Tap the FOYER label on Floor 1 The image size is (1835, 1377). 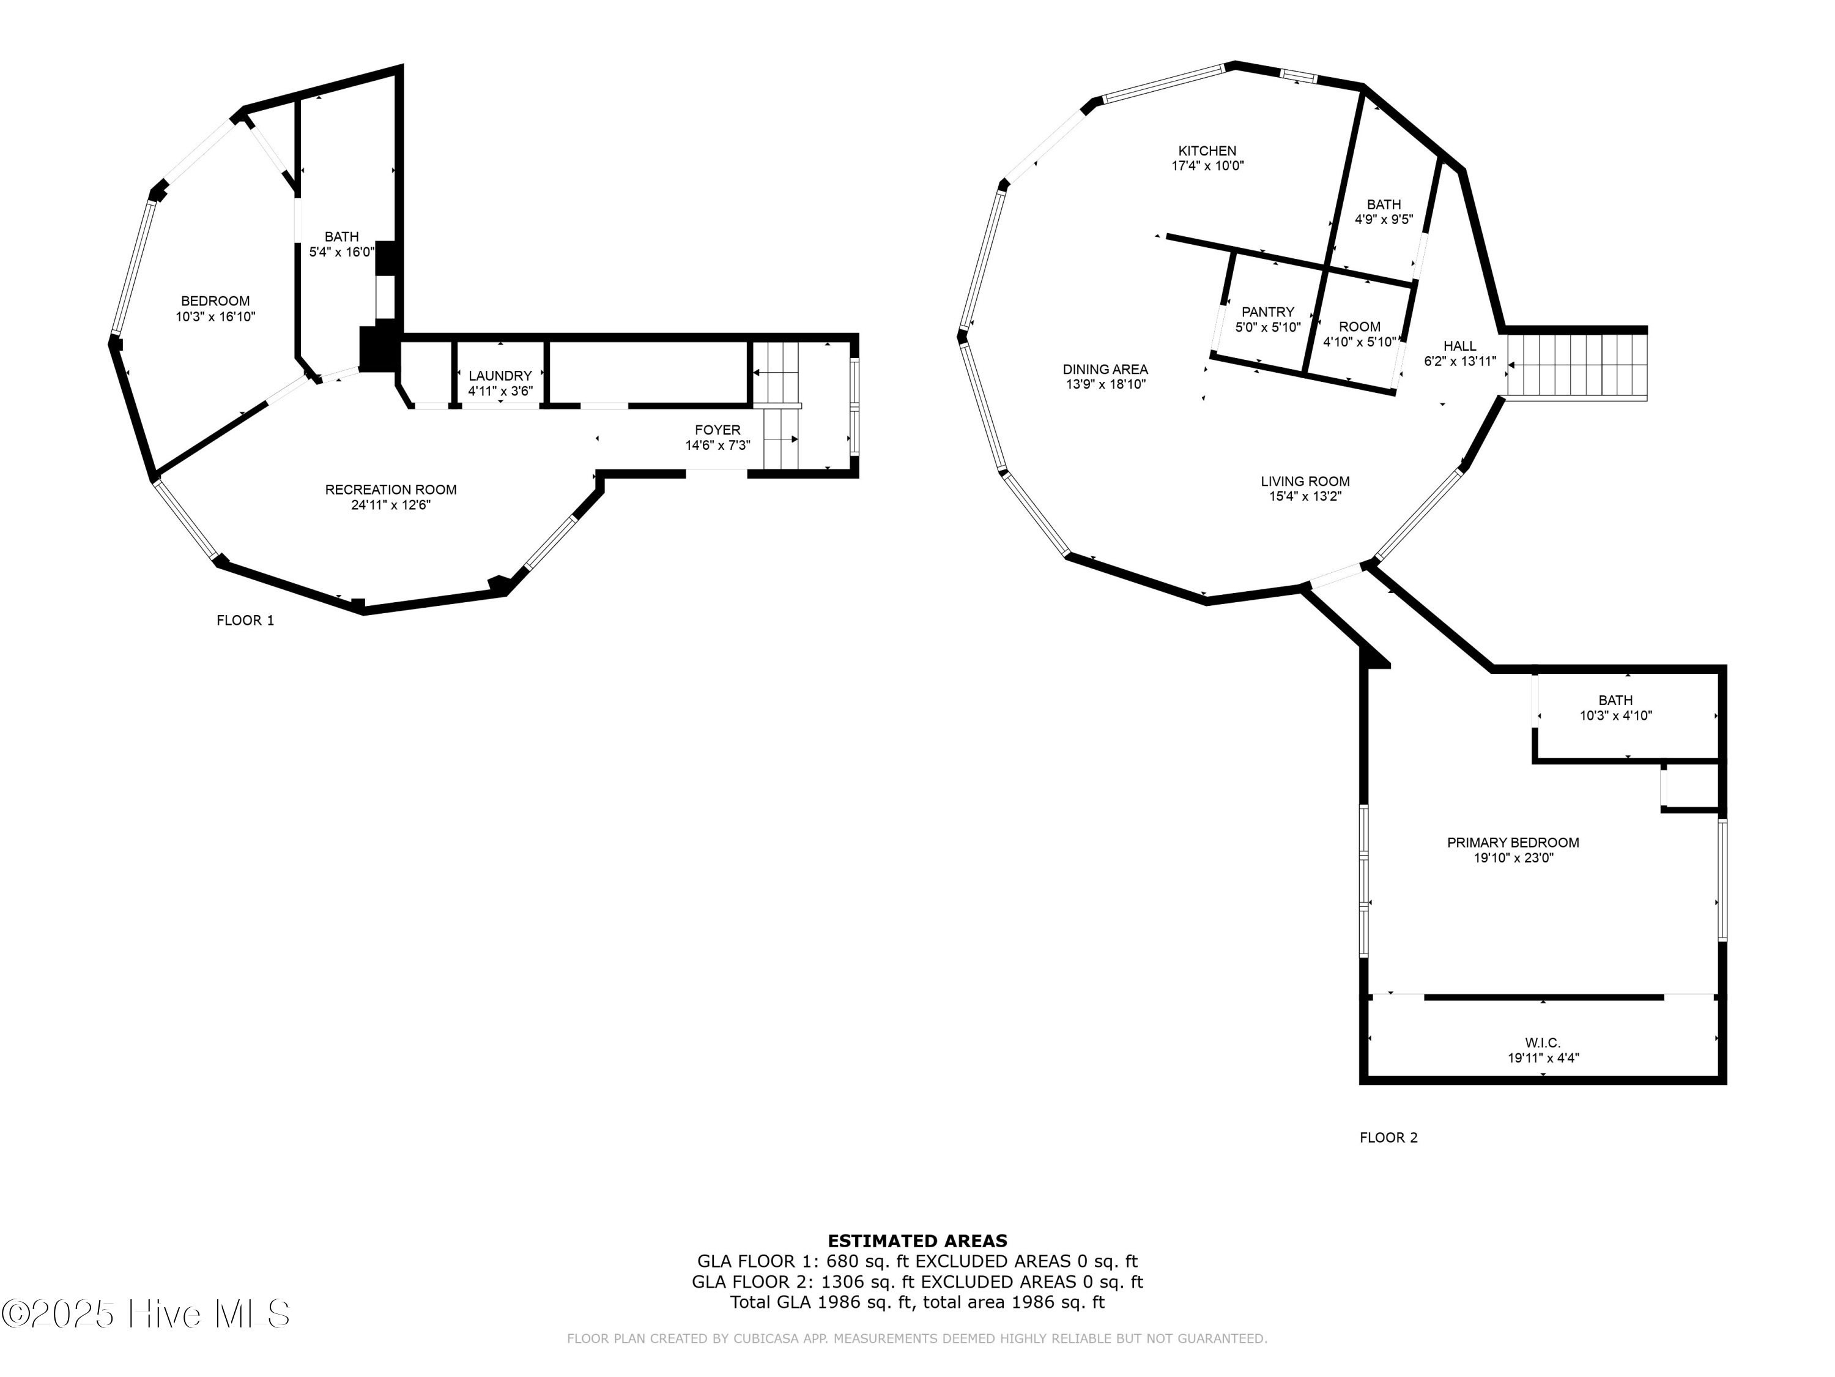tap(717, 430)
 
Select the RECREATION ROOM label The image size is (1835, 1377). tap(391, 490)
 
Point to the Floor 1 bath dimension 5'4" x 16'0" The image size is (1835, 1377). tap(342, 252)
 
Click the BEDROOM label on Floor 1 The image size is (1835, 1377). tap(216, 301)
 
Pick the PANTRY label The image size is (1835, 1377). tap(1267, 312)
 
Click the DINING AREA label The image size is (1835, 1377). tap(1105, 370)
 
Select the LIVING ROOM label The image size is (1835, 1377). tap(1305, 482)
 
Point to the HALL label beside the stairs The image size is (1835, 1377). tap(1459, 346)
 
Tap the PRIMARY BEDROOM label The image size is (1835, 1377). tap(1513, 843)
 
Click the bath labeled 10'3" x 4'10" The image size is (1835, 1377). tap(1615, 715)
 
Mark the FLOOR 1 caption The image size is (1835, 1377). tap(245, 620)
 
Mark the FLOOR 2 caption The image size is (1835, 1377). tap(1388, 1137)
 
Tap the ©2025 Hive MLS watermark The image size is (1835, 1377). tap(146, 1314)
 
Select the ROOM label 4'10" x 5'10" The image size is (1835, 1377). tap(1359, 327)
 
